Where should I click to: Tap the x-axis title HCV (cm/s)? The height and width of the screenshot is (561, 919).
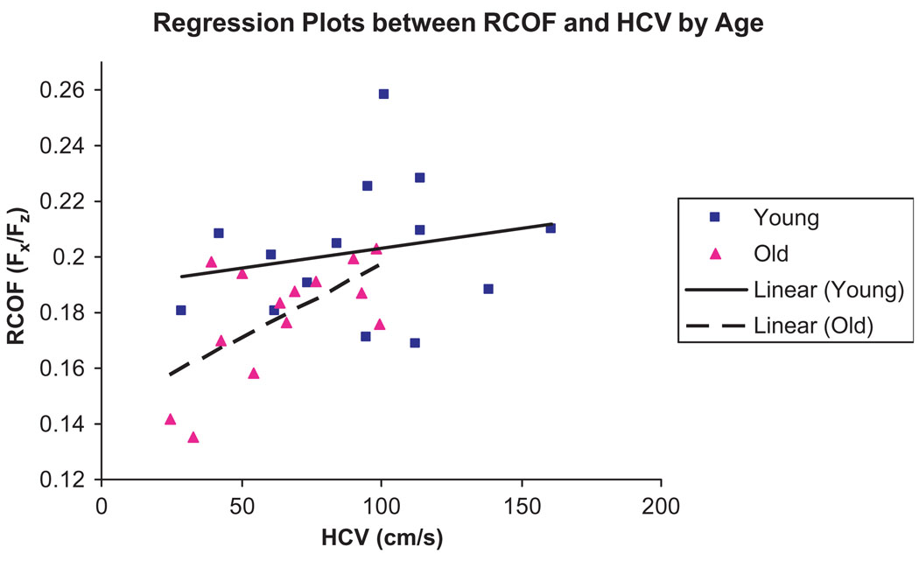click(x=382, y=535)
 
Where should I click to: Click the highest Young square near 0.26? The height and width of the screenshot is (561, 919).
click(x=383, y=94)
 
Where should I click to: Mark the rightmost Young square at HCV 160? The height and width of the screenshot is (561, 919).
click(x=551, y=228)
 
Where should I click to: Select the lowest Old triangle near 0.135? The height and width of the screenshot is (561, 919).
click(x=193, y=437)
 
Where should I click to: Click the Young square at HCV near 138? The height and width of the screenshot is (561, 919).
click(x=488, y=289)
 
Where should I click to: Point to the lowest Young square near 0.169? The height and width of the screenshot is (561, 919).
click(x=415, y=343)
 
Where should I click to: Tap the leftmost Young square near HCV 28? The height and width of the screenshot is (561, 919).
click(x=180, y=310)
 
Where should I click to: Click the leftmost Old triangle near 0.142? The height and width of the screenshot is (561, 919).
click(x=170, y=419)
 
